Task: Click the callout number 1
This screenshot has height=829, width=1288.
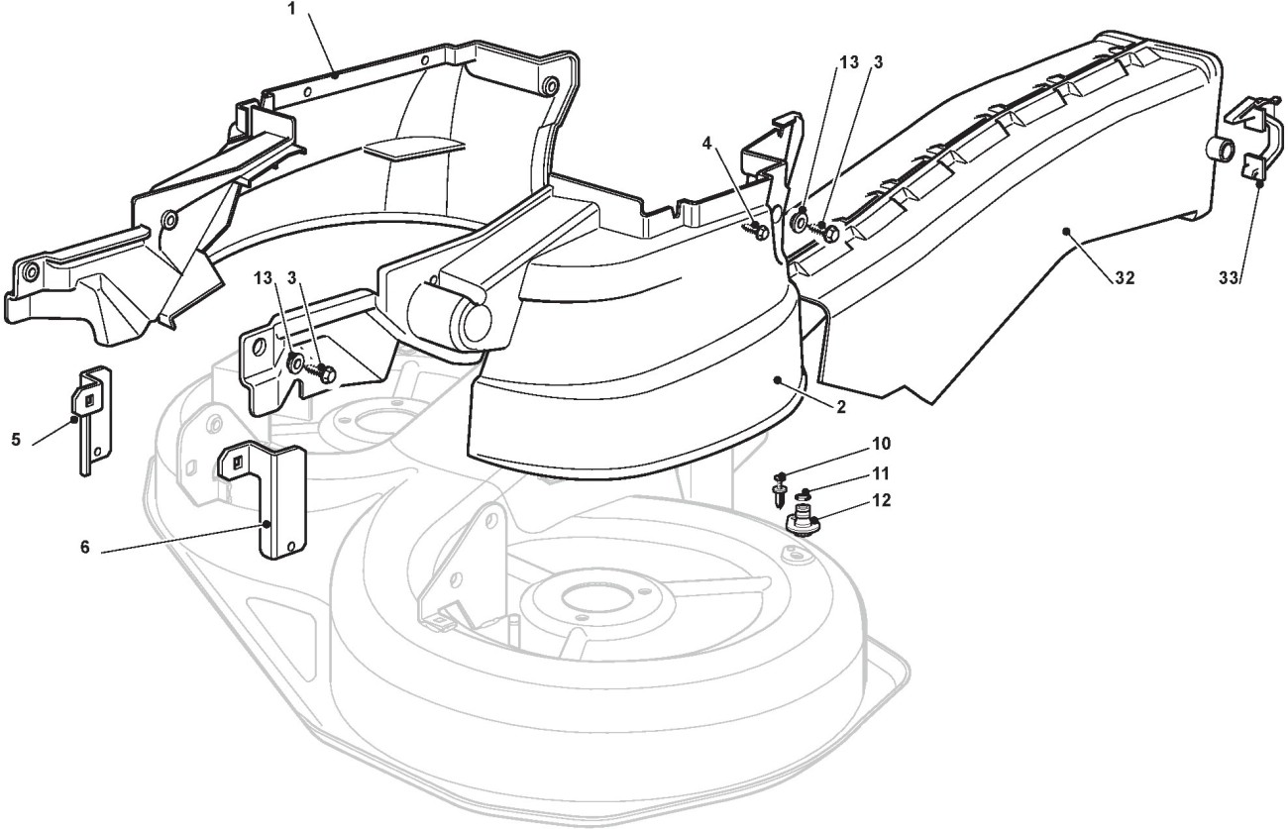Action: [x=291, y=10]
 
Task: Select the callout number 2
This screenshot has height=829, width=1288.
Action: [x=841, y=408]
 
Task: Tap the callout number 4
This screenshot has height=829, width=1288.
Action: [x=707, y=144]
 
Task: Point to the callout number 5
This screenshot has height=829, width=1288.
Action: [x=16, y=440]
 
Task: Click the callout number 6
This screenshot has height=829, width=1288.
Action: [x=85, y=548]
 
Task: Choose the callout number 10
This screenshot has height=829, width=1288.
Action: [x=881, y=444]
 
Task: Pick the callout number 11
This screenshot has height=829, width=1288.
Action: [x=881, y=473]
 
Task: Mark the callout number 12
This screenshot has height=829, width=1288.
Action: [x=881, y=501]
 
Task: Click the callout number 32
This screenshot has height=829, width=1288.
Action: [x=1125, y=278]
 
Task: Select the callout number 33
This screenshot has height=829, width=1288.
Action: [x=1229, y=278]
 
